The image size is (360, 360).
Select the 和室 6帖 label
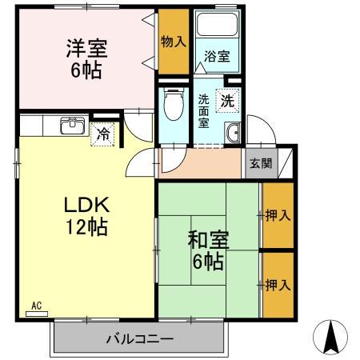coord(206,250)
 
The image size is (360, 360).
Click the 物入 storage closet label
coord(173,41)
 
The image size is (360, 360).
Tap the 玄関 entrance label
coord(260,164)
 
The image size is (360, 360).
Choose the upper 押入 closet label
coord(278,216)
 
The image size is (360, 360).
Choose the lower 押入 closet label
coord(278,284)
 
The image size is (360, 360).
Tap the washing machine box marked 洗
coord(228,102)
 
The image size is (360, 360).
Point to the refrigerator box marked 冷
coord(103,135)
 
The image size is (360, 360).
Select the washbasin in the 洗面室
coord(233,134)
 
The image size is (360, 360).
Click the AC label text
coord(37,305)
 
